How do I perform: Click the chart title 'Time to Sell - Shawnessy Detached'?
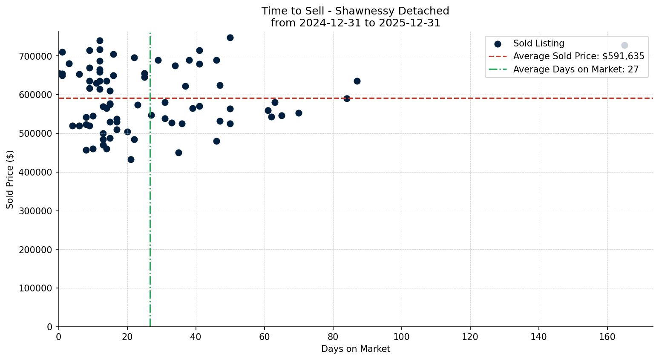click(355, 11)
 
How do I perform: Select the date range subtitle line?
click(355, 23)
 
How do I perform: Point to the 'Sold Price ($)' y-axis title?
click(10, 179)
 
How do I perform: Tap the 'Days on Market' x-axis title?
click(355, 349)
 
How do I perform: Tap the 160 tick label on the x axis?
click(607, 337)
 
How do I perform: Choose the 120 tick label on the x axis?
click(470, 337)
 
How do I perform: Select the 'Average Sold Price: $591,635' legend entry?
click(578, 56)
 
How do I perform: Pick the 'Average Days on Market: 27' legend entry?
click(576, 69)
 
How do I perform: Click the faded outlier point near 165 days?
click(624, 45)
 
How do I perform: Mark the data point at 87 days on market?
click(357, 81)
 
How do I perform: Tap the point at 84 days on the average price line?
click(347, 98)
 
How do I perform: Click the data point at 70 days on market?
click(299, 113)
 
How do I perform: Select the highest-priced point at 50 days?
click(230, 37)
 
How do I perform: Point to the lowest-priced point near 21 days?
click(131, 159)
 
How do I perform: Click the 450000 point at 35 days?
click(178, 153)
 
